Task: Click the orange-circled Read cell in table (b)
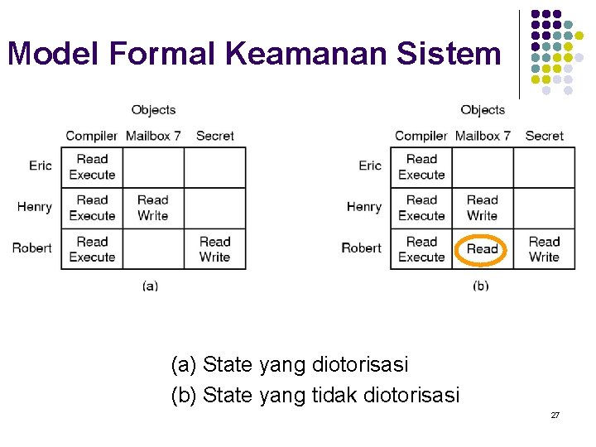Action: coord(482,249)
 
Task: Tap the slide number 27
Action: coord(555,414)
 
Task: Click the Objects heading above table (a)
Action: coord(153,110)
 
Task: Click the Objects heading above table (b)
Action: coord(483,110)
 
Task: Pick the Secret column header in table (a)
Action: coord(214,136)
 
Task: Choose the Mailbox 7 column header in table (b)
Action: coord(483,136)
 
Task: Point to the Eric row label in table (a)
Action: coord(40,166)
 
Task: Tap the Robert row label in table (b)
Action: coord(361,248)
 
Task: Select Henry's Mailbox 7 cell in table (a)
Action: coord(153,208)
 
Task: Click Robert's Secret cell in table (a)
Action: coord(214,249)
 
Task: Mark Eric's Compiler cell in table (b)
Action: coord(421,166)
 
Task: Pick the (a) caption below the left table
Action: coord(150,286)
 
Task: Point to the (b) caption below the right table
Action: coord(480,286)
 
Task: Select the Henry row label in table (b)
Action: coord(364,207)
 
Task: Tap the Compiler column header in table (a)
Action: coord(92,136)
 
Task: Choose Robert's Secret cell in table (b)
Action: coord(544,249)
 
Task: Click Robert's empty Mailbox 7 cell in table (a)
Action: coord(153,249)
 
